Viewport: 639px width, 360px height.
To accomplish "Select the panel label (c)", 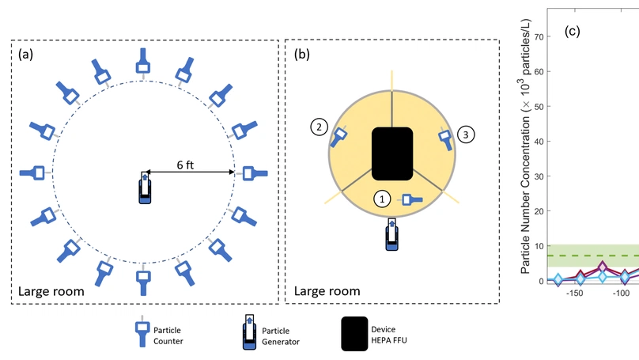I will (572, 32).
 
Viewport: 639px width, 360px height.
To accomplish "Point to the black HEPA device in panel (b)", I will (392, 153).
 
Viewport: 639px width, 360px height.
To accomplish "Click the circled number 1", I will (383, 199).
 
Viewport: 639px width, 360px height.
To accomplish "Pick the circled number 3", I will (467, 135).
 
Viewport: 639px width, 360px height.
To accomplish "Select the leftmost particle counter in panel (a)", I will (35, 172).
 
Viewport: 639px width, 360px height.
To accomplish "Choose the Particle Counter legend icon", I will (142, 334).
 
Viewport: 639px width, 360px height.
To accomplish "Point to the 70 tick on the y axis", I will (538, 36).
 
